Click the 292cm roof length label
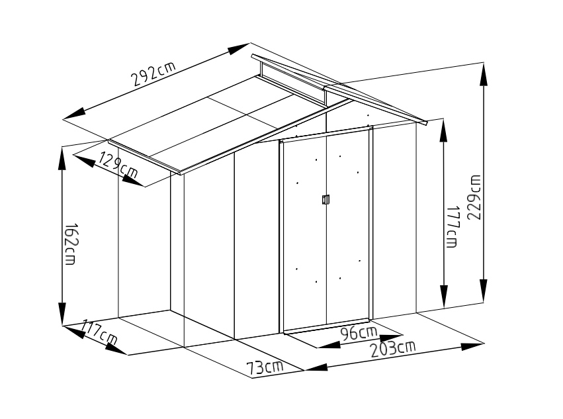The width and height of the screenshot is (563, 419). pos(153,74)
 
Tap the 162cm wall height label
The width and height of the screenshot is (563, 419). pos(70,244)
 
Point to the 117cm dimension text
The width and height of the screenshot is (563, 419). pos(99,332)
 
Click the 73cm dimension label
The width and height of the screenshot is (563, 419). pos(265,367)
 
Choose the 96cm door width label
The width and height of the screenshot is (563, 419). pos(359,334)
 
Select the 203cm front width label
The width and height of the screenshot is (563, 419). pos(393,349)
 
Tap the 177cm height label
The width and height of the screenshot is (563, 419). pos(452,227)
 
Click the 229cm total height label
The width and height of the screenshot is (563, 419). pos(474,198)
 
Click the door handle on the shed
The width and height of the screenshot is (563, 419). pos(325,199)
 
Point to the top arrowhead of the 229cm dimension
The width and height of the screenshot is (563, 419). pos(484,75)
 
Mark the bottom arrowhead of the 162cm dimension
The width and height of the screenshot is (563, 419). pos(62,314)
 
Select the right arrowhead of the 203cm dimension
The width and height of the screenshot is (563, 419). pos(472,346)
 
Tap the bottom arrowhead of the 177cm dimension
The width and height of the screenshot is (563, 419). pos(444,297)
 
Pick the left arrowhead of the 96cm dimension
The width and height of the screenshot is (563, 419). pos(329,345)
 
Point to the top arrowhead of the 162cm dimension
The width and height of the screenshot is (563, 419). pos(62,158)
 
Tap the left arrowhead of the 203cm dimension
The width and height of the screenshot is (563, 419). pos(316,367)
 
